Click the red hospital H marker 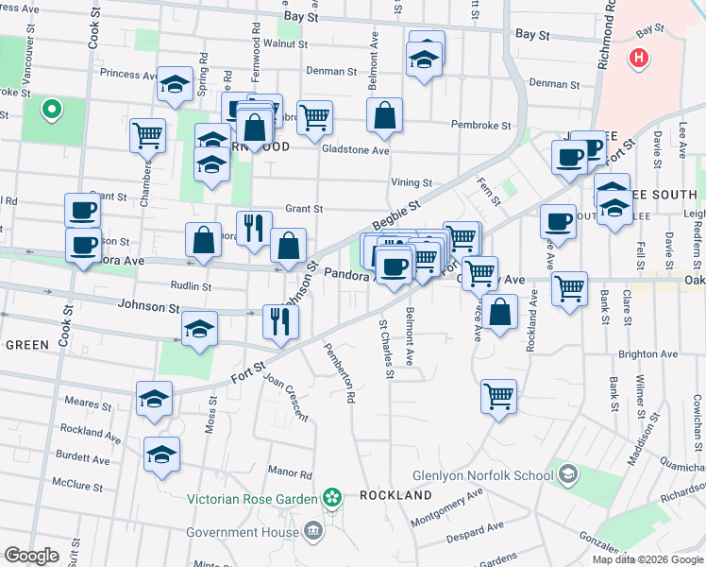(640, 60)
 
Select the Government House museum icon (313, 531)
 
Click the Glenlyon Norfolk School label (483, 475)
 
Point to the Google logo (31, 556)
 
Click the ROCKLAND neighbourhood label (395, 495)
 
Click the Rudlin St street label (191, 284)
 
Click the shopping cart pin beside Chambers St (147, 135)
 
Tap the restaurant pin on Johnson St (280, 320)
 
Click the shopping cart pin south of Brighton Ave (497, 395)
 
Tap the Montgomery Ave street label (447, 501)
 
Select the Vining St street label (412, 182)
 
